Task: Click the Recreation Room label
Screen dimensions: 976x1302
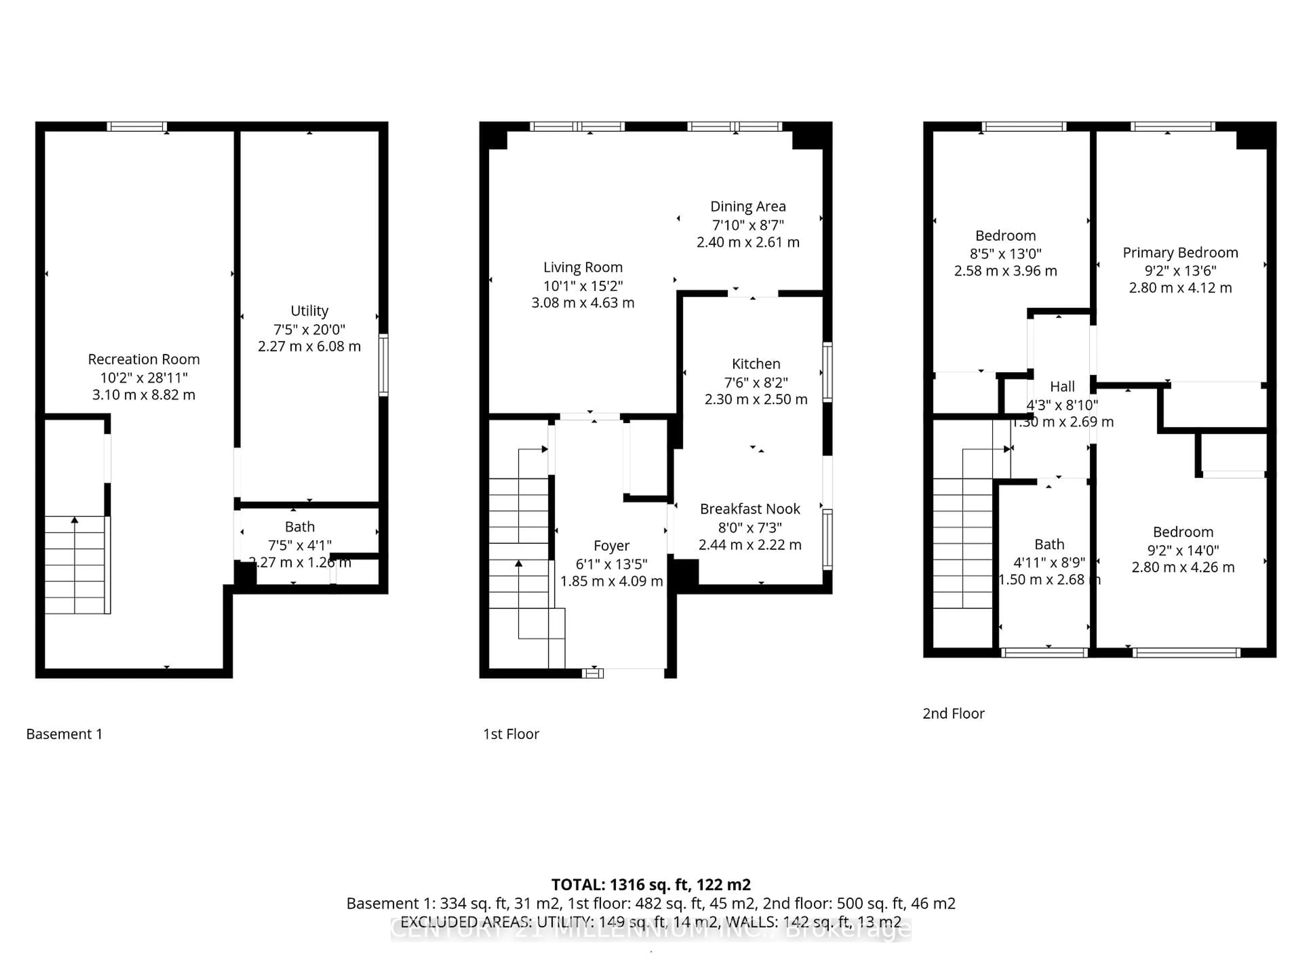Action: coord(144,360)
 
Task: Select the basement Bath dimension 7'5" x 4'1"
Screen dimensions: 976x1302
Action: coord(300,545)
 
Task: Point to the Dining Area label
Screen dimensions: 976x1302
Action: coord(748,206)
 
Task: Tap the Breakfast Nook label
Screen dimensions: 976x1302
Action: coord(750,509)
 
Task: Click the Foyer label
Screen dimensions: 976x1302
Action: coord(611,546)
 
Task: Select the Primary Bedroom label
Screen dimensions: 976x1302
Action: coord(1180,252)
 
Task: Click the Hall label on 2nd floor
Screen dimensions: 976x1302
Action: coord(1062,387)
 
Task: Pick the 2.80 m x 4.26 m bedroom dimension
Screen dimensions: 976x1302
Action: coord(1183,567)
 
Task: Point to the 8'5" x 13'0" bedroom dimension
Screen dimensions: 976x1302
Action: coord(1005,253)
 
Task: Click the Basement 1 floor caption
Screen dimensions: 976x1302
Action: coord(64,734)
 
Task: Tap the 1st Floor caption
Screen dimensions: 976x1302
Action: coord(511,734)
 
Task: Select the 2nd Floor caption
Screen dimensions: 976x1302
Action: coord(953,714)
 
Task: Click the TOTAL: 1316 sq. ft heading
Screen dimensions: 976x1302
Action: coord(650,885)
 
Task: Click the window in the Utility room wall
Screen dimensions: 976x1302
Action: coord(383,365)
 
